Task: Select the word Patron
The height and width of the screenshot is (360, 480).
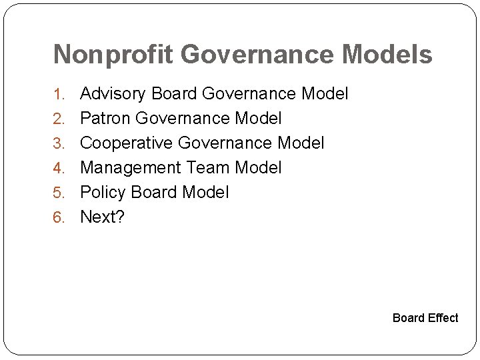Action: click(x=105, y=119)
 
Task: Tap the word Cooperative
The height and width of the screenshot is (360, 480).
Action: click(x=127, y=143)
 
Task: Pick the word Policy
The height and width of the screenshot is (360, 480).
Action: click(x=103, y=193)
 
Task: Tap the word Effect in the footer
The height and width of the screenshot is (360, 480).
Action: click(x=442, y=318)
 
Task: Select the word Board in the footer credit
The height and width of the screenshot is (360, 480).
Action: click(x=408, y=318)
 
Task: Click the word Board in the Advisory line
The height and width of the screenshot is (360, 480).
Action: click(x=175, y=94)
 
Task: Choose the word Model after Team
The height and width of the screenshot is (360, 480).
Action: click(x=257, y=167)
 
